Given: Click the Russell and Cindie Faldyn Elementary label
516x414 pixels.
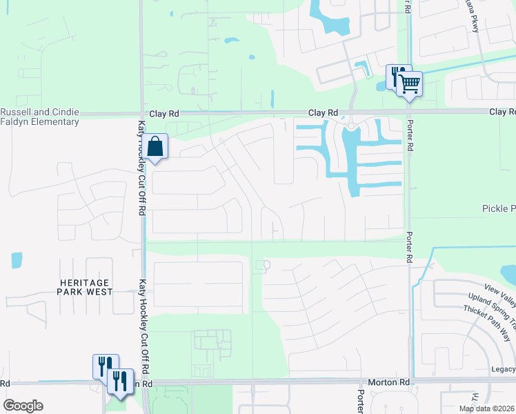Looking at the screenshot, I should coord(39,117).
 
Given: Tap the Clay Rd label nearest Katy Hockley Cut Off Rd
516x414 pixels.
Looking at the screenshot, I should coord(164,112).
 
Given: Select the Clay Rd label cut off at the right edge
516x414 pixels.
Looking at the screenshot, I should coord(502,112).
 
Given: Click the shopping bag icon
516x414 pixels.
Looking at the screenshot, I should coord(156,146).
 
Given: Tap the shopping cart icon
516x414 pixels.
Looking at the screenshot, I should coord(410,85).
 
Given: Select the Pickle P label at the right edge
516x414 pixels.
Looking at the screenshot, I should coord(498,208).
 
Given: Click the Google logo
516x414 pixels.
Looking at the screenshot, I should coord(23,406).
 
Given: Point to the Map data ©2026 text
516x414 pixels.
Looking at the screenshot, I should coord(486,408).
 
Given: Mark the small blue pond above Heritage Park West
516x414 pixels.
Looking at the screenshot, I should coord(17,260).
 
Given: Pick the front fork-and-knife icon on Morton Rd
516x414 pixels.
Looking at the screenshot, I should coord(120,381).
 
